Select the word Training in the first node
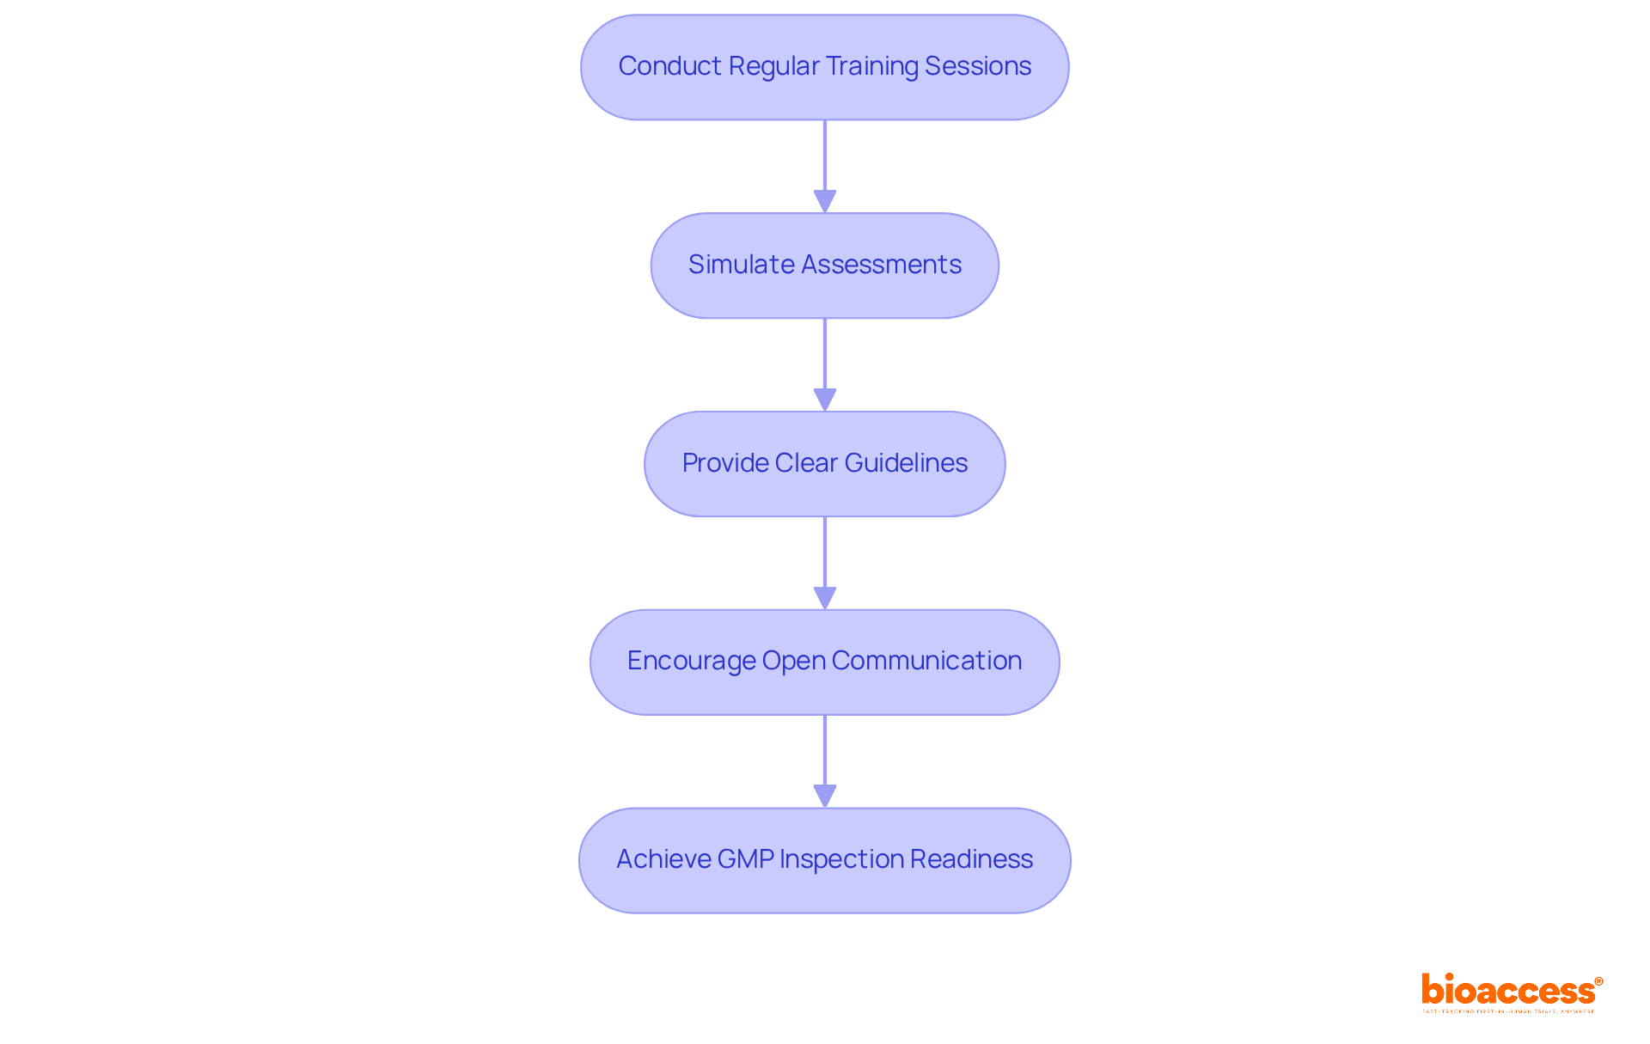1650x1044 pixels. pyautogui.click(x=871, y=66)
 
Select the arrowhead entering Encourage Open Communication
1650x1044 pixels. pyautogui.click(x=825, y=598)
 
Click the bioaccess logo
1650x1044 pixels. pyautogui.click(x=1508, y=991)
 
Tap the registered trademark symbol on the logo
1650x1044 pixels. pyautogui.click(x=1598, y=981)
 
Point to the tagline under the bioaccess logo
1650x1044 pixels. pyautogui.click(x=1508, y=1012)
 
